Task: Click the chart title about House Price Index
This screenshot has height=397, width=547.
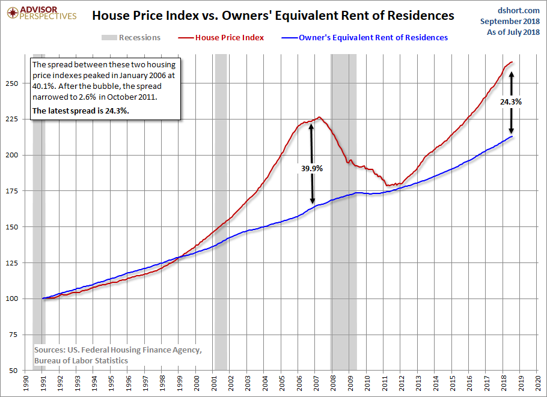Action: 273,16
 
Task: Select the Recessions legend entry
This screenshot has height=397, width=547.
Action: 131,38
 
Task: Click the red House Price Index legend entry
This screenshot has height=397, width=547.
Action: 221,38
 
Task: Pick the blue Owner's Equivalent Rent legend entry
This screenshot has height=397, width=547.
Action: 364,38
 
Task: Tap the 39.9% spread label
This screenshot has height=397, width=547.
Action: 312,169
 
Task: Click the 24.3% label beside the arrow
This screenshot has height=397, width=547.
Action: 511,102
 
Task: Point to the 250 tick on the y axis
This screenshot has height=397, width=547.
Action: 12,83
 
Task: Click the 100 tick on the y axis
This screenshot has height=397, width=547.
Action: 12,299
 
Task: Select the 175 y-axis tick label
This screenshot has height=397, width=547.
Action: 12,191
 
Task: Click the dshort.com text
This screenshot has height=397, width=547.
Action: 518,10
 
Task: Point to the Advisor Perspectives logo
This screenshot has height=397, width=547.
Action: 41,13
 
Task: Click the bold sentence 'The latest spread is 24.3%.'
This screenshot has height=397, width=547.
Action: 81,111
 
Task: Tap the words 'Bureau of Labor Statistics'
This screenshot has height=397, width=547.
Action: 81,361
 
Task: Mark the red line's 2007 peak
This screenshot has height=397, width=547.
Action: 319,117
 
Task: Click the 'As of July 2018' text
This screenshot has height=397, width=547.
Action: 513,32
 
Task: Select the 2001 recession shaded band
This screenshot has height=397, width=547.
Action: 221,212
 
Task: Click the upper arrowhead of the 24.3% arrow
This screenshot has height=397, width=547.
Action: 512,73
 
